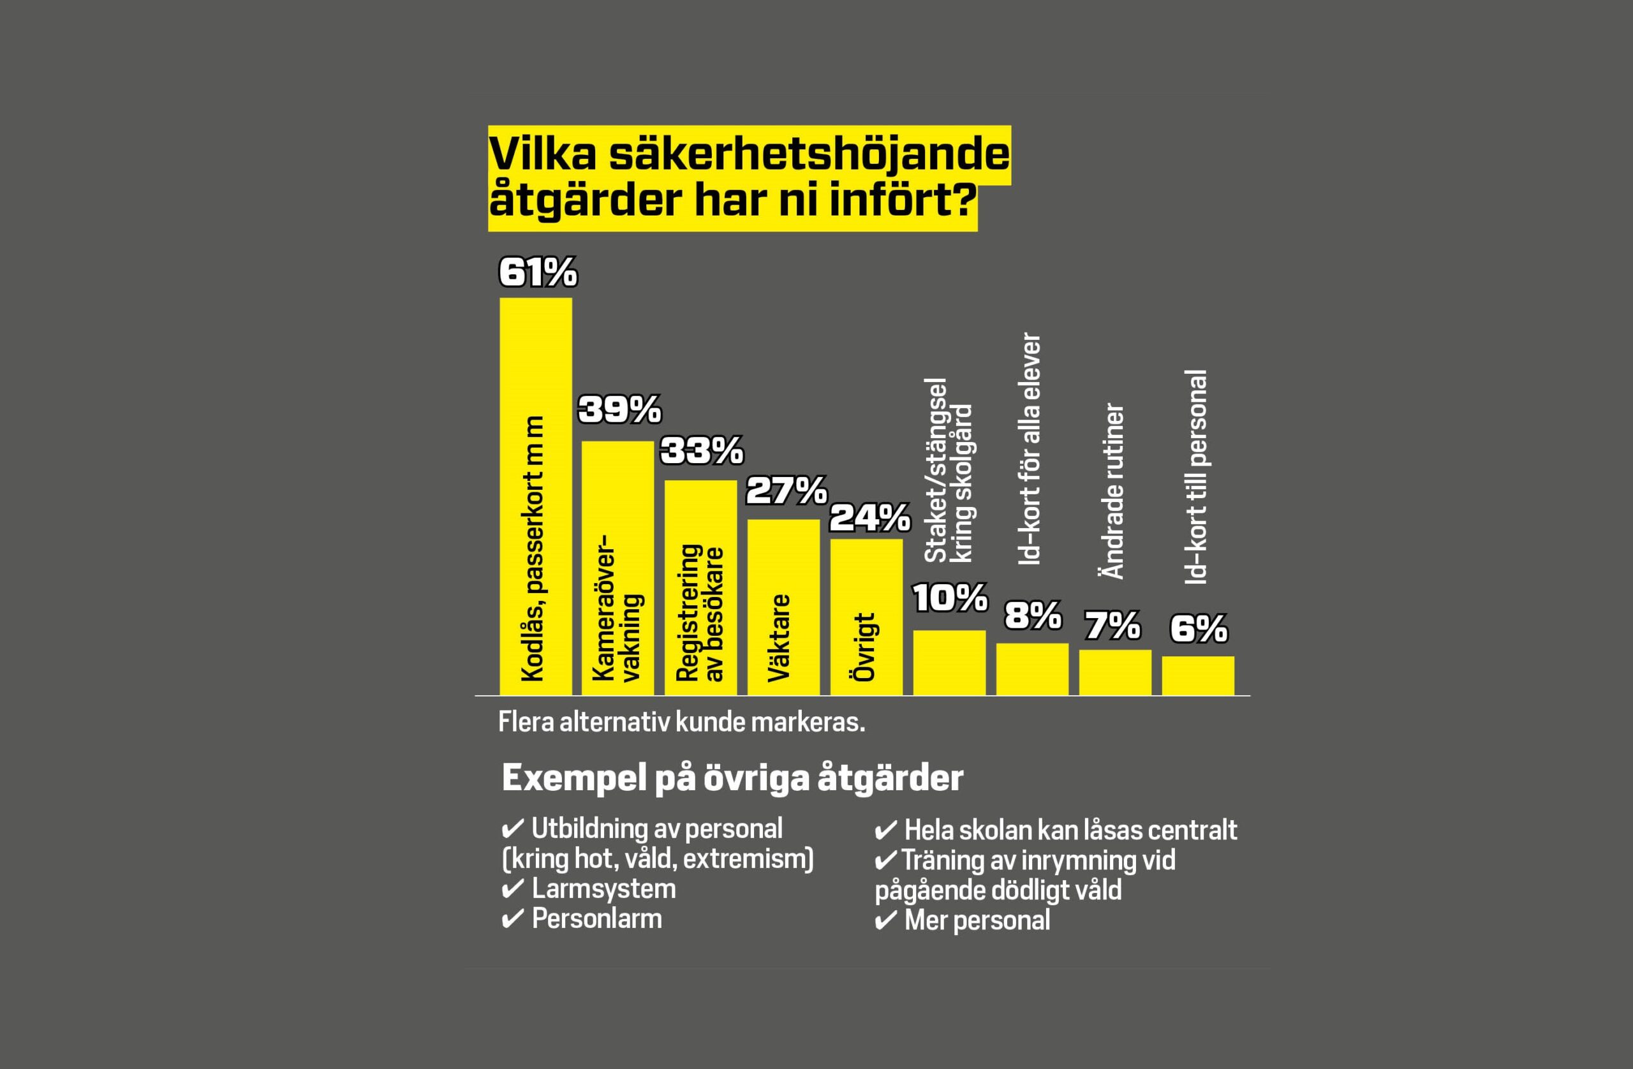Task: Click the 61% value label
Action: point(538,272)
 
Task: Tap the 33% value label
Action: point(702,451)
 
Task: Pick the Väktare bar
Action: point(783,607)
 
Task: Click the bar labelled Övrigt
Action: point(866,617)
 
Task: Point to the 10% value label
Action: point(950,598)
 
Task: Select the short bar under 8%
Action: point(1032,669)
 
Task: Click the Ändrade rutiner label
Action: point(1114,491)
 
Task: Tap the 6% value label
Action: point(1198,629)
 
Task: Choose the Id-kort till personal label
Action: point(1196,478)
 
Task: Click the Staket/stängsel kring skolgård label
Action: point(949,471)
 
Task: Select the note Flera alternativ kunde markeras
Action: point(681,722)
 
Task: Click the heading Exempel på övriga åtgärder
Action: point(732,778)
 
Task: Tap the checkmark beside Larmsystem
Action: point(512,889)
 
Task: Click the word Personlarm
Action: point(597,918)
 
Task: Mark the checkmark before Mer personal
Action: point(886,921)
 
